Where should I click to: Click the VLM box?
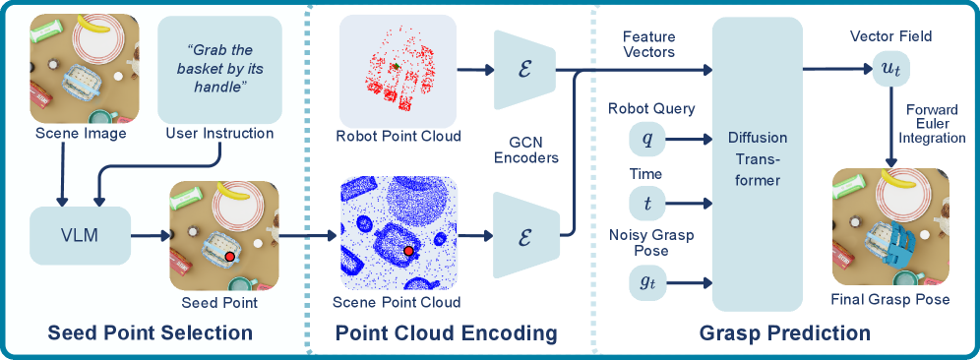click(x=80, y=236)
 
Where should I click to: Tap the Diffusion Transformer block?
click(x=758, y=164)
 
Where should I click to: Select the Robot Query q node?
click(x=646, y=138)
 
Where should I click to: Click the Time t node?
click(x=646, y=203)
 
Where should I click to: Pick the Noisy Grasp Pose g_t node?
click(x=646, y=282)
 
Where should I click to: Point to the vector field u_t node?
click(x=891, y=69)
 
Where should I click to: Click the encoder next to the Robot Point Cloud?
click(x=525, y=69)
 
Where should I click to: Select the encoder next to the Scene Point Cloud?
click(x=525, y=235)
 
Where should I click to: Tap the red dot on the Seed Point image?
click(x=230, y=257)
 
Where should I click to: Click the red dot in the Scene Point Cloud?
click(x=408, y=251)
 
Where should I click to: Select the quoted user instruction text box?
click(x=220, y=70)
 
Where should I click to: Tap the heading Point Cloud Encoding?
click(x=447, y=332)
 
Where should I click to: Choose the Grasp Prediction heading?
click(x=785, y=332)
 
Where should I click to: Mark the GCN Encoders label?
click(x=526, y=150)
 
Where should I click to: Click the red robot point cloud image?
click(x=398, y=71)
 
